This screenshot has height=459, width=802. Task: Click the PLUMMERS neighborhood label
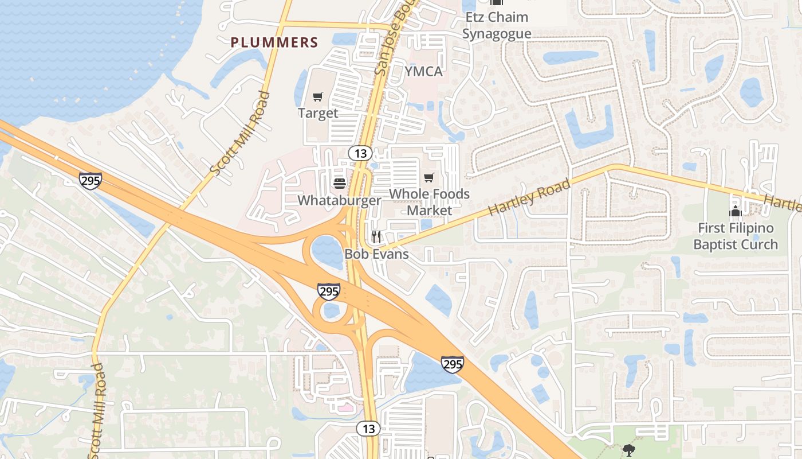(274, 42)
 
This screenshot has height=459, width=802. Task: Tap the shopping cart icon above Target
(318, 96)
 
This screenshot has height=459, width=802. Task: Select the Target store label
(318, 113)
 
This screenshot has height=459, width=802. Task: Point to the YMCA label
(424, 72)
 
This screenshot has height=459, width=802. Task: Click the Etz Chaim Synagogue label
(497, 25)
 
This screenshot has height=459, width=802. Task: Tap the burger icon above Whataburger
(340, 184)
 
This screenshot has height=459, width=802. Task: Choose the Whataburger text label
(340, 200)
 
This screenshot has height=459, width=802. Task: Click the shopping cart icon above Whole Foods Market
(429, 177)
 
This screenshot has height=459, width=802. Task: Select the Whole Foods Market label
(430, 203)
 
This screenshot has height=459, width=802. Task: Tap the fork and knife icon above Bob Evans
(376, 236)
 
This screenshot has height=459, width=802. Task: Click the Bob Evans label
(376, 254)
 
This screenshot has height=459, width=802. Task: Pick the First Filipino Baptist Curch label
(736, 236)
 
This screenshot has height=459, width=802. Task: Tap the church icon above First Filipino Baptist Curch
(736, 212)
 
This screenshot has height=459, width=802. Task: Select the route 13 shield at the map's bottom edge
(369, 428)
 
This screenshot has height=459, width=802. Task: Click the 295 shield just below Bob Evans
(329, 291)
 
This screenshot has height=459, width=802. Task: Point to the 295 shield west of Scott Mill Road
(91, 181)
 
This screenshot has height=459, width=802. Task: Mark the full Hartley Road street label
(530, 197)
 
